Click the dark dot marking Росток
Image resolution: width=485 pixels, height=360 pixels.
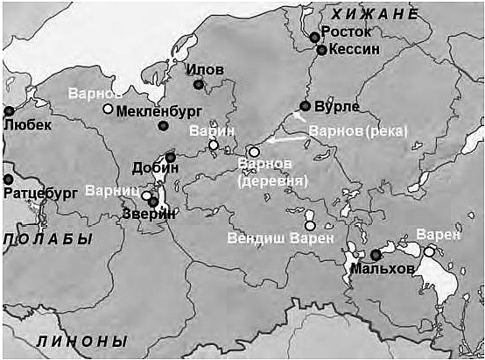(x=314, y=37)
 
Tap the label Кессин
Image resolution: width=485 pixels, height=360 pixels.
(x=355, y=50)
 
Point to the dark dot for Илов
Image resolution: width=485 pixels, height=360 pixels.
(x=199, y=84)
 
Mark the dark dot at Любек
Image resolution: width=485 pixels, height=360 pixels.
(x=9, y=111)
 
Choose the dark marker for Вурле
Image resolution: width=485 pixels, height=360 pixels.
(x=305, y=106)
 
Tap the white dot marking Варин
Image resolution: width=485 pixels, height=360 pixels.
(x=213, y=145)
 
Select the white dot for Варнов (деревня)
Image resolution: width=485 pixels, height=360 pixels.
(x=254, y=152)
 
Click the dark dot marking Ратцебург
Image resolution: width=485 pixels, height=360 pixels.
(x=9, y=179)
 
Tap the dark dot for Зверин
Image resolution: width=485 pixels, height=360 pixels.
(x=153, y=201)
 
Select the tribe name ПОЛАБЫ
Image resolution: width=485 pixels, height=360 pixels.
(x=47, y=239)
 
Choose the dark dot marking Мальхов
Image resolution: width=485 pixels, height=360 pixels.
(x=375, y=254)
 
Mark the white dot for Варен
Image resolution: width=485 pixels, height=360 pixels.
(x=429, y=251)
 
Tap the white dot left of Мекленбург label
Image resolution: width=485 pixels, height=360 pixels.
(x=108, y=109)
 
